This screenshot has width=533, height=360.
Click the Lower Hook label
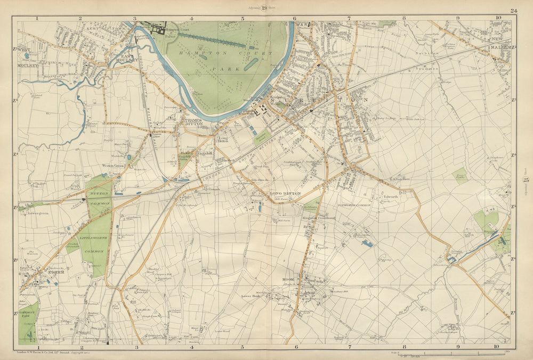(x=250, y=296)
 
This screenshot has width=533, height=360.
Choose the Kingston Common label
(x=318, y=218)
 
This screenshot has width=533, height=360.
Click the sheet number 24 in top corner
(x=513, y=10)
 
